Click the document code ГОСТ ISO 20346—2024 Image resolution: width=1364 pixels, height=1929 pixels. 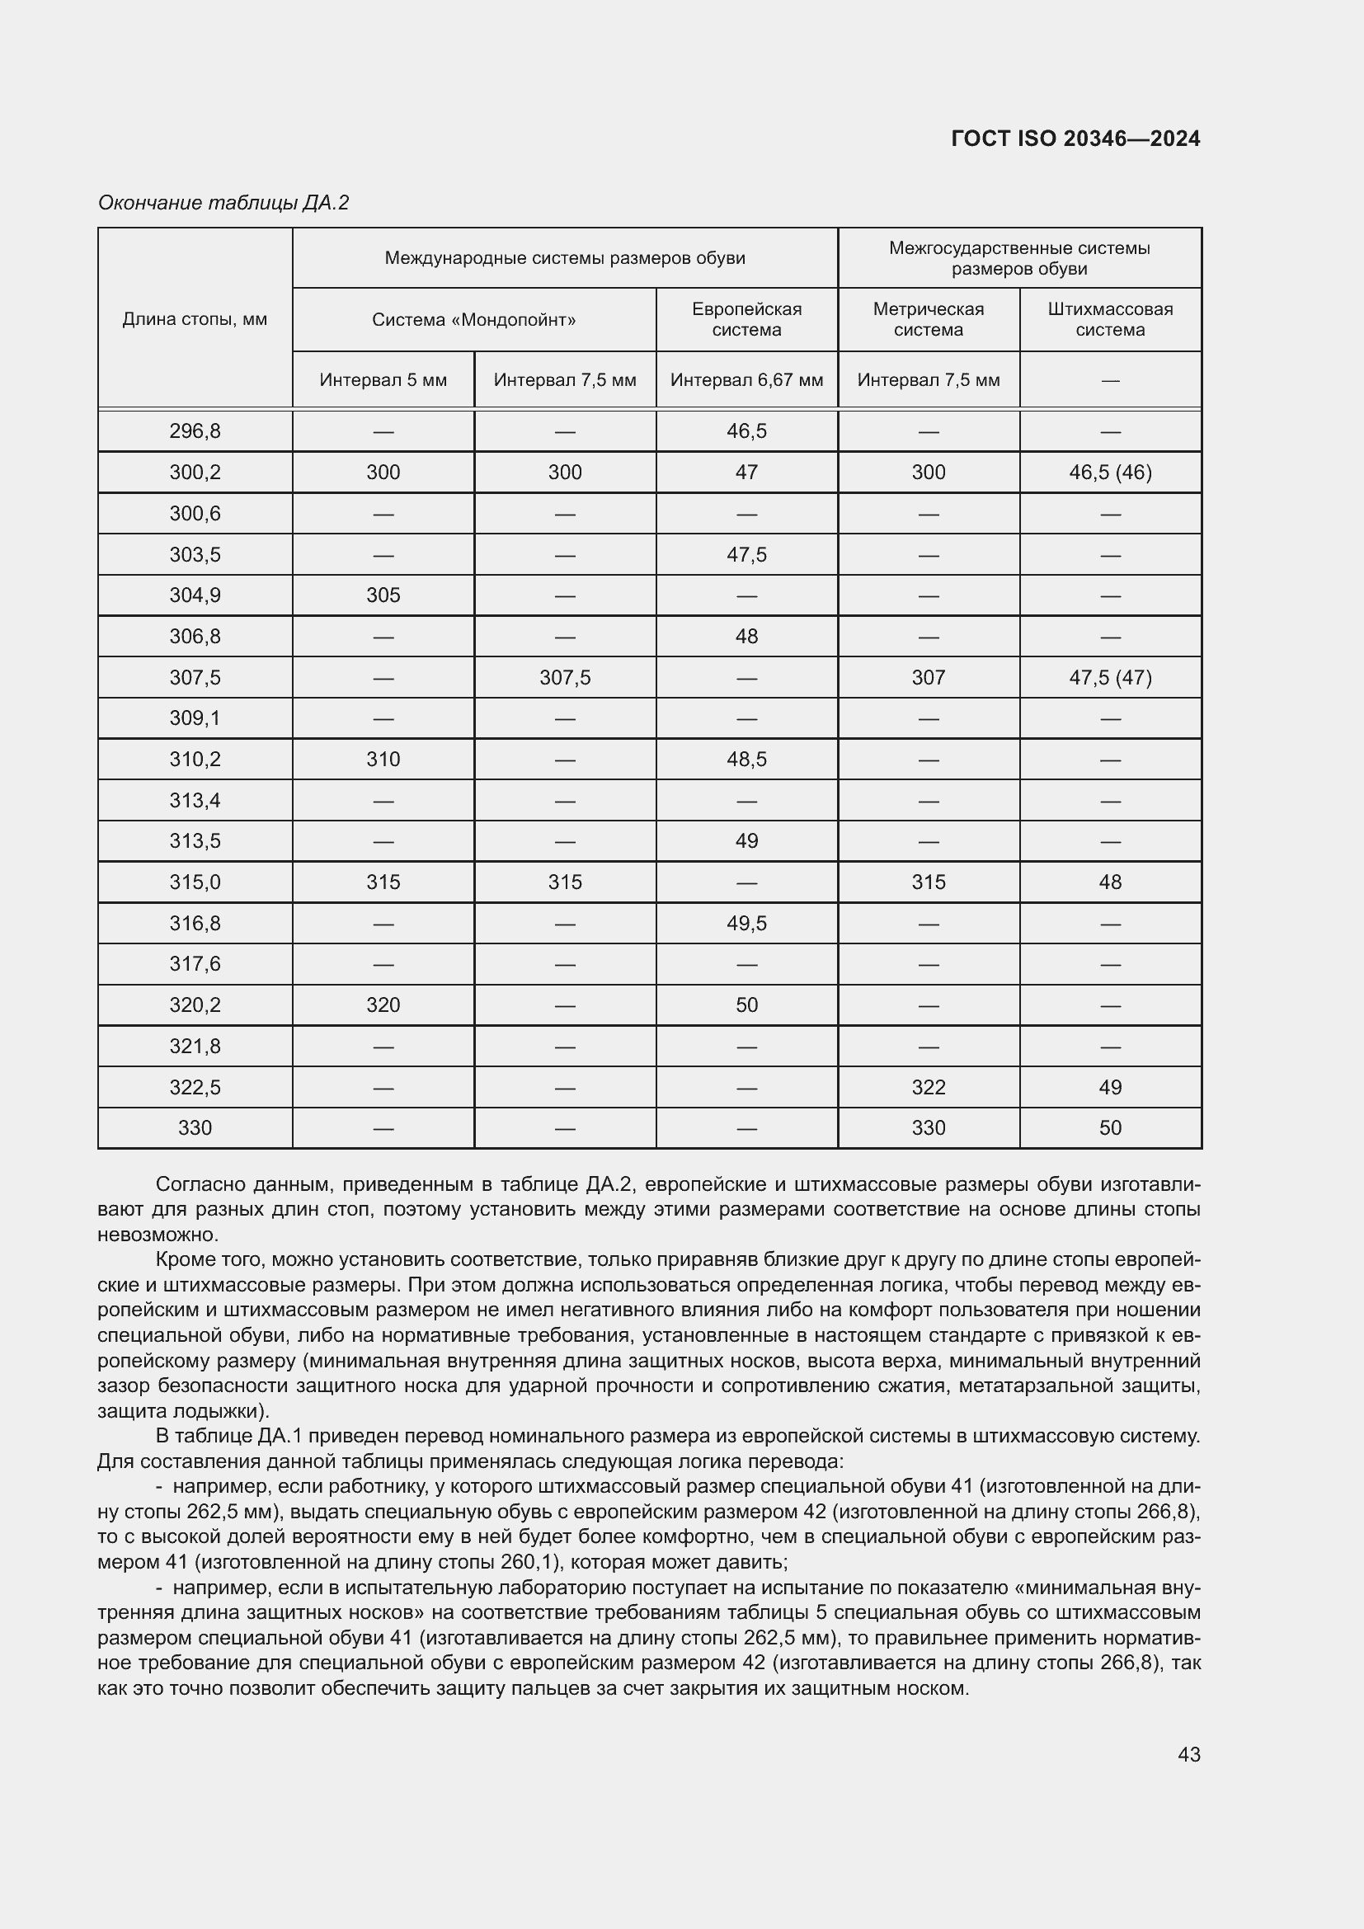[x=1075, y=139]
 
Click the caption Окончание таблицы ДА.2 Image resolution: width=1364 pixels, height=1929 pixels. [x=223, y=203]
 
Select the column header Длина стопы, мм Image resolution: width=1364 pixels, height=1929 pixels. [x=195, y=319]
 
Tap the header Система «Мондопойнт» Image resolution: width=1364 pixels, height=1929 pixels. [x=473, y=320]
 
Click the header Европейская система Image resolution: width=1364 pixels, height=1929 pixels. [x=746, y=319]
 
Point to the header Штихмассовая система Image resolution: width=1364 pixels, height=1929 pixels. [x=1109, y=319]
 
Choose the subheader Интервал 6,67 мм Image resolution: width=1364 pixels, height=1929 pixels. [x=746, y=379]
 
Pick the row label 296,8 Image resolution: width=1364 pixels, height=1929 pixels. [x=195, y=431]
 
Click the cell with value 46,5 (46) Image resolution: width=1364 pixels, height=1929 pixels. [x=1109, y=473]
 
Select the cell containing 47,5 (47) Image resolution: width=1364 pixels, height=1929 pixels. [x=1109, y=677]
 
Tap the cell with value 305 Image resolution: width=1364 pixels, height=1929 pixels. [x=383, y=595]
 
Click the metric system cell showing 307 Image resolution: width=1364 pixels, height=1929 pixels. [x=928, y=677]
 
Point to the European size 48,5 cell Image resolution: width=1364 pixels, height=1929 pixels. [x=746, y=760]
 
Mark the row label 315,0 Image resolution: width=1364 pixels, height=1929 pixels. [x=195, y=882]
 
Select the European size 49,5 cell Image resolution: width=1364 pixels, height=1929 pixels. [x=746, y=924]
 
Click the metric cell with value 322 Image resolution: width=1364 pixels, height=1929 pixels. [x=928, y=1087]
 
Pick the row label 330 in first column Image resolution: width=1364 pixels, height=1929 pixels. [x=195, y=1127]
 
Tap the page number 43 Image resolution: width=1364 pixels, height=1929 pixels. [x=1188, y=1754]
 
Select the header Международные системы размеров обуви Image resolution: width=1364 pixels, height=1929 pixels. [x=564, y=258]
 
